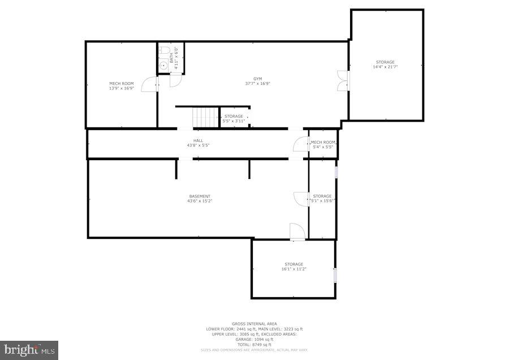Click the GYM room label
[257, 79]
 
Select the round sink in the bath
[164, 66]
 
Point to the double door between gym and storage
[342, 80]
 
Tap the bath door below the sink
[175, 81]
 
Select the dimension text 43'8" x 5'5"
[198, 146]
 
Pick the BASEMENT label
[200, 196]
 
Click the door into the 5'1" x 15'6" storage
[300, 199]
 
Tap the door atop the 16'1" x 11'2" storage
[297, 232]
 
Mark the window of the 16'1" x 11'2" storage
[335, 275]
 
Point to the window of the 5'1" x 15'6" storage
[336, 172]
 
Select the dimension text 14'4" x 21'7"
[385, 67]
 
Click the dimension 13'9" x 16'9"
[121, 88]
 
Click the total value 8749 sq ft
[261, 344]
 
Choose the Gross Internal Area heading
[254, 324]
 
